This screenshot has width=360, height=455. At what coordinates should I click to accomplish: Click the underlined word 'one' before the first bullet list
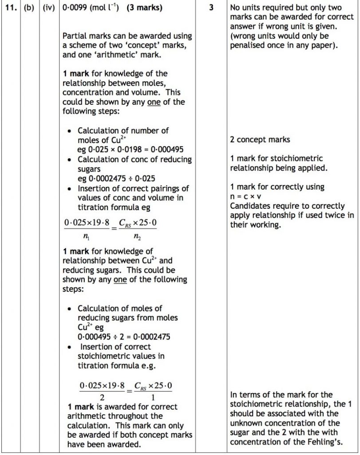154,102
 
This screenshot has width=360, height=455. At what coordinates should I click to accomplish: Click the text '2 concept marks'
260,140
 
